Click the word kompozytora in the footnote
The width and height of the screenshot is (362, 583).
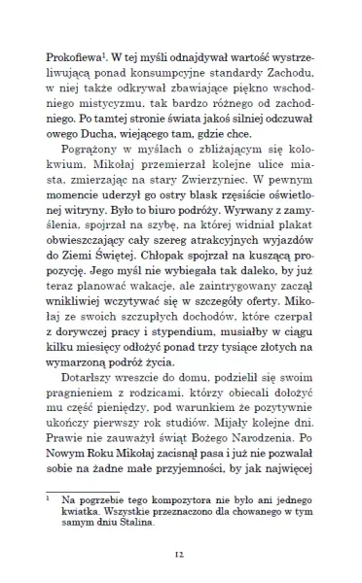pos(173,526)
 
